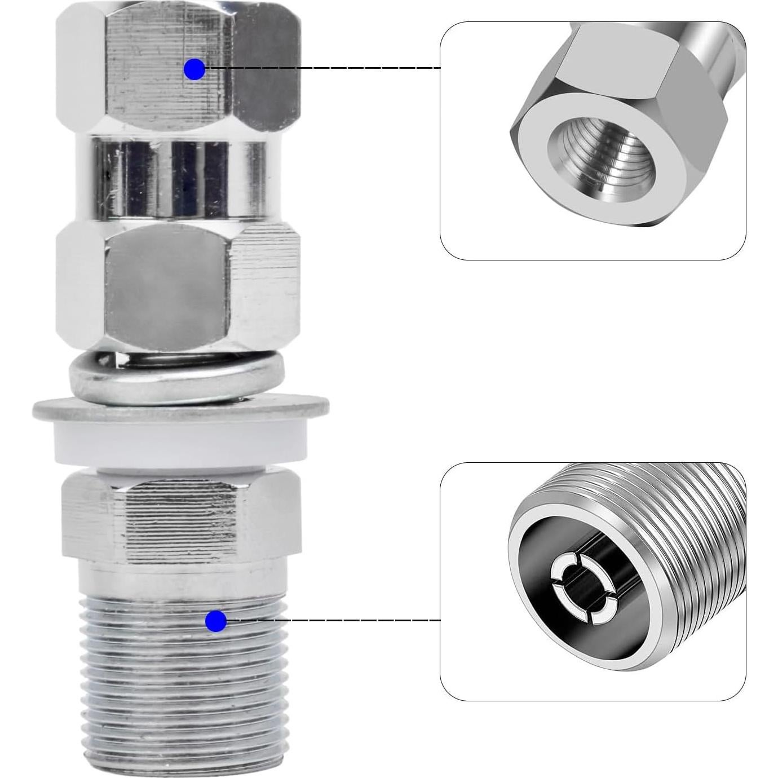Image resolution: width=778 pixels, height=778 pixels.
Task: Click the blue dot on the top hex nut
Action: coord(194,69)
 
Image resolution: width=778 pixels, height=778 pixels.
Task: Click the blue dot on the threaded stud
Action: coord(215,621)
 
